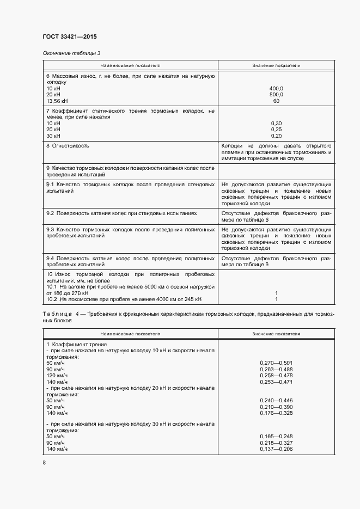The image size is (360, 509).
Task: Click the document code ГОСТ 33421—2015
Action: click(x=69, y=37)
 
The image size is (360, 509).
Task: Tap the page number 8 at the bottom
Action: click(x=44, y=462)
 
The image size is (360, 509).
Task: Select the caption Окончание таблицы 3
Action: click(x=71, y=53)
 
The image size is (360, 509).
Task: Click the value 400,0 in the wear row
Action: click(x=276, y=88)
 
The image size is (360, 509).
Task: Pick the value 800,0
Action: click(x=276, y=95)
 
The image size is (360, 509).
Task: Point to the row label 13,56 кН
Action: click(x=57, y=101)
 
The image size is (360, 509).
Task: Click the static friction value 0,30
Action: click(x=276, y=123)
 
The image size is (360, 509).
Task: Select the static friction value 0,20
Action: click(x=276, y=136)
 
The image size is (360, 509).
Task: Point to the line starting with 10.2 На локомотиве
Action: click(x=124, y=299)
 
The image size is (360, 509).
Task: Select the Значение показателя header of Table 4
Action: click(x=276, y=333)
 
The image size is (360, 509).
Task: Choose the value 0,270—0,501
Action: click(x=277, y=363)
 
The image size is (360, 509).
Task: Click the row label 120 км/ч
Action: click(x=57, y=376)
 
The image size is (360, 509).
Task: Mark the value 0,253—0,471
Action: click(x=277, y=382)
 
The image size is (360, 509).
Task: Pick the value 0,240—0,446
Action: click(x=277, y=400)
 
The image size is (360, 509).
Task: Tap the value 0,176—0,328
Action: click(x=277, y=413)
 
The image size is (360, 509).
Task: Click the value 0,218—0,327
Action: click(x=277, y=443)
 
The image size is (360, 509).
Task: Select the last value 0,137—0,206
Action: click(x=277, y=449)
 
